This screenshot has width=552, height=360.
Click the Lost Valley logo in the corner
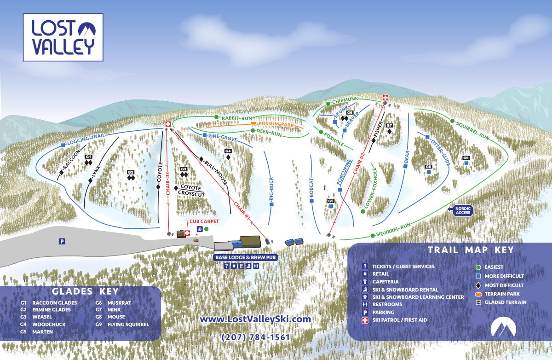click(63, 37)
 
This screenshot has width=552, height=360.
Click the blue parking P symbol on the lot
click(62, 241)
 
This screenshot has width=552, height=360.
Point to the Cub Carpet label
click(203, 221)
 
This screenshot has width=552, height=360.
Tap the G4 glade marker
click(228, 151)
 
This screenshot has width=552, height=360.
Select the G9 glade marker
click(466, 158)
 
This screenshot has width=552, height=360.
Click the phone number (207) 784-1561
click(256, 337)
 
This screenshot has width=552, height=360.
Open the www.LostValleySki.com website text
click(255, 319)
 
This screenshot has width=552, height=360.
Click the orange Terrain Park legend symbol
click(478, 294)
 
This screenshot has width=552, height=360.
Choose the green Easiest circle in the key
click(478, 267)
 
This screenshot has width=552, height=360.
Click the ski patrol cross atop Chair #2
click(385, 98)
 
